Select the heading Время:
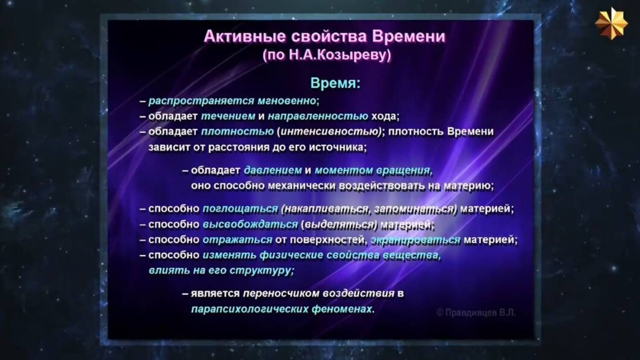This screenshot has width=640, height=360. [x=335, y=83]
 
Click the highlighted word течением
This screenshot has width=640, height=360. [x=228, y=116]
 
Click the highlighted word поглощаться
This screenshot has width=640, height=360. [x=240, y=209]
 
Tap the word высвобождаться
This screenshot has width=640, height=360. [x=250, y=224]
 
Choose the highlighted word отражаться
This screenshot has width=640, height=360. [x=238, y=240]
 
